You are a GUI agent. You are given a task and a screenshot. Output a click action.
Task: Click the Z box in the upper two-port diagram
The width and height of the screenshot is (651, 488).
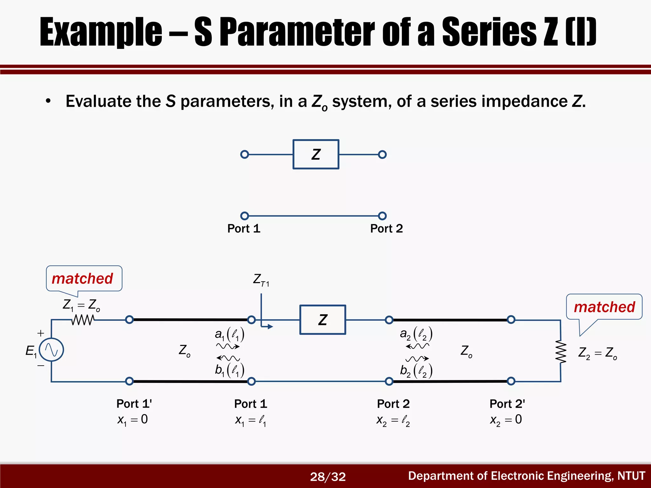[316, 154]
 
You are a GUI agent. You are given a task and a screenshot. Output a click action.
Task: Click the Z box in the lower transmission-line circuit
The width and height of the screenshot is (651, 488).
[323, 320]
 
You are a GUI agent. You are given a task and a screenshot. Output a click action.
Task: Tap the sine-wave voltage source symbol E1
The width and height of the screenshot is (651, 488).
[51, 350]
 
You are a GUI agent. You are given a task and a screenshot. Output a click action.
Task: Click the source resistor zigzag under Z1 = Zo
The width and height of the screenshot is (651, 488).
[83, 320]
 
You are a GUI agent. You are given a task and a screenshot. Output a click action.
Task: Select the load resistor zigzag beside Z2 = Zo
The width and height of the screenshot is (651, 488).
[561, 352]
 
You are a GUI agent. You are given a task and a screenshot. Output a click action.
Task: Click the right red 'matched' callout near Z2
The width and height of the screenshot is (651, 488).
[604, 307]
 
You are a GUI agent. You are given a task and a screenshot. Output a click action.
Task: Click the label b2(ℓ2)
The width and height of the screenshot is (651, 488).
[416, 371]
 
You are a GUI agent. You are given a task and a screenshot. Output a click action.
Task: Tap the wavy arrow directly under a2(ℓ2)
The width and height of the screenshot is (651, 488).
[417, 346]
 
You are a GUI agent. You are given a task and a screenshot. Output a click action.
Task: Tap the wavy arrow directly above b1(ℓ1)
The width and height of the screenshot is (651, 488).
[228, 358]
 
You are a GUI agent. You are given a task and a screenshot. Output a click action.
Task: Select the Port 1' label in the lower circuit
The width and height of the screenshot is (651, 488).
[134, 404]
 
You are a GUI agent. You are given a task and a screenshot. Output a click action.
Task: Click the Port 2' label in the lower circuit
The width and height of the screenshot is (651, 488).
[507, 404]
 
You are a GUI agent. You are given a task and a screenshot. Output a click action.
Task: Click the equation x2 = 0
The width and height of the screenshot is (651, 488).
[506, 420]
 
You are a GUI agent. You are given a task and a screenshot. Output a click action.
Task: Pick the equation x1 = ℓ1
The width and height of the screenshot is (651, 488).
[250, 421]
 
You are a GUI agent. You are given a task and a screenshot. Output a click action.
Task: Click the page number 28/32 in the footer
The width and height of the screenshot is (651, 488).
[328, 477]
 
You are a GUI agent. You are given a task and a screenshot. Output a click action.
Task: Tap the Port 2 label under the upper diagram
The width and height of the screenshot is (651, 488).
[387, 228]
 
